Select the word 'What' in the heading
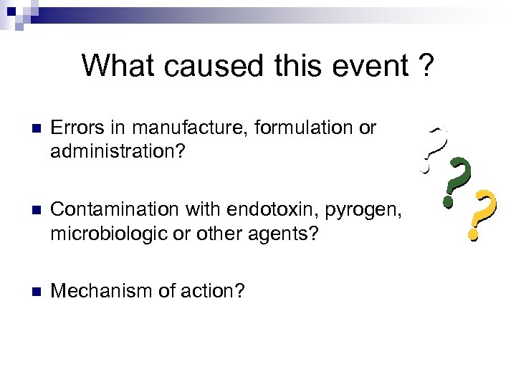118,65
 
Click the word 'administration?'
116,152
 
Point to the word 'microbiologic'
109,233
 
